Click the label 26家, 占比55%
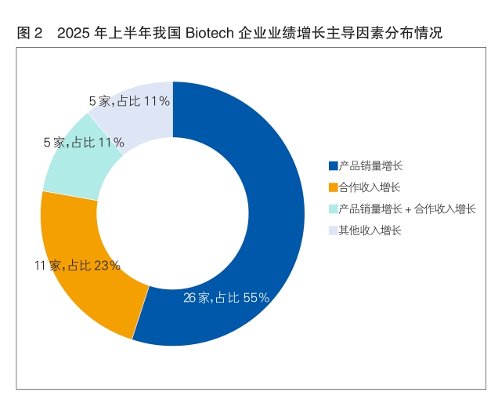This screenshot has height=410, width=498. point(226,298)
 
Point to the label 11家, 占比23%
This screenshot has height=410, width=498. point(77,265)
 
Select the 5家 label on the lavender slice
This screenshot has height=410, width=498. point(129,100)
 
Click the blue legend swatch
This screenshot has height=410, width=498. point(333,165)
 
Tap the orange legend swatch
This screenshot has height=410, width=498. point(333,187)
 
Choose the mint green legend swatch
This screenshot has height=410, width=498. point(333,209)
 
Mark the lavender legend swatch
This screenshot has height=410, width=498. point(333,230)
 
